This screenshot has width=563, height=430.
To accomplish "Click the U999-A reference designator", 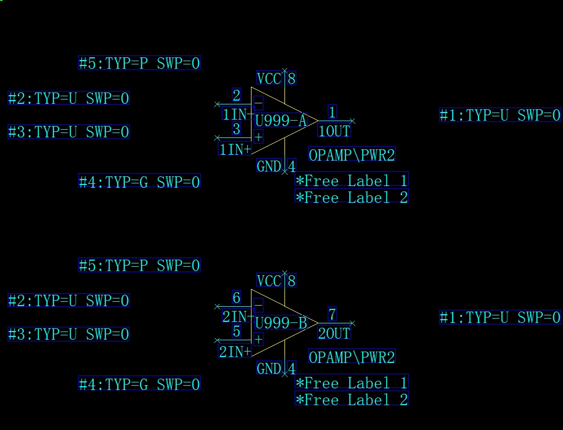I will (280, 121).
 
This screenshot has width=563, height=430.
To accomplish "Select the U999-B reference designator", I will (280, 323).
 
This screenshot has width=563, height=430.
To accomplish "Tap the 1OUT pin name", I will (334, 131).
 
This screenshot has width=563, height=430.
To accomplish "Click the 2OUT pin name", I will (334, 333).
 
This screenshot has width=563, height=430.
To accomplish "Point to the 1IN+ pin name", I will (235, 149).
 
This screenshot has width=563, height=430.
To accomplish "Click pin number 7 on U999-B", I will (332, 314).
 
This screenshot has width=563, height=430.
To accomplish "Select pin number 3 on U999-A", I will (236, 129).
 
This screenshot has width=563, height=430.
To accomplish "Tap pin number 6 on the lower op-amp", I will (236, 297).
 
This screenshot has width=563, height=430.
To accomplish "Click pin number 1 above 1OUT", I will (332, 112).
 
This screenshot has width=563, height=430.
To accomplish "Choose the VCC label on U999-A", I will (269, 79).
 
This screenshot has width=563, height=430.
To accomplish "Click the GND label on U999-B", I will (269, 369).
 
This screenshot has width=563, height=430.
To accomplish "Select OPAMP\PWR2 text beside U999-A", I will (352, 155).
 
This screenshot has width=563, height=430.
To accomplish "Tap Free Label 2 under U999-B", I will (352, 400).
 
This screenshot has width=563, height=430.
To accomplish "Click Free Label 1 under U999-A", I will (352, 181).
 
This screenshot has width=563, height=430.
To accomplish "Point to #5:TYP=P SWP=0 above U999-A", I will (140, 63).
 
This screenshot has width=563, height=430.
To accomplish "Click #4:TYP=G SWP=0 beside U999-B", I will (140, 385).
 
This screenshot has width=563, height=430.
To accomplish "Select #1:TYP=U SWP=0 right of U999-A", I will (500, 115).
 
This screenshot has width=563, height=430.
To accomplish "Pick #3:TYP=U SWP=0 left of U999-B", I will (69, 334).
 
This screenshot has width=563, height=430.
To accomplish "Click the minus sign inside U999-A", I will (259, 103).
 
